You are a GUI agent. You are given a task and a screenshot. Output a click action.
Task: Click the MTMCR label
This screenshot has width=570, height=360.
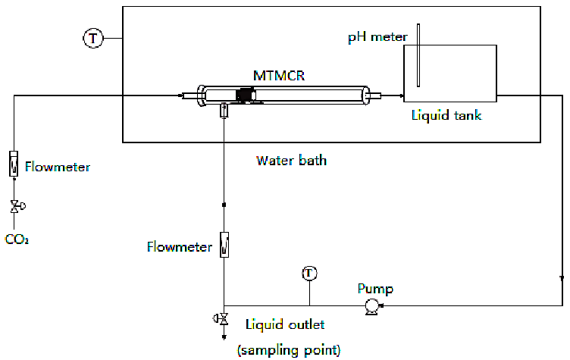278,76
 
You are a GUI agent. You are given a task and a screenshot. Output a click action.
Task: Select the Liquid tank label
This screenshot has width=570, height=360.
446,115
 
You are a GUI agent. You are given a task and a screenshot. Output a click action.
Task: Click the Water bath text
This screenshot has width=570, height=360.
291,160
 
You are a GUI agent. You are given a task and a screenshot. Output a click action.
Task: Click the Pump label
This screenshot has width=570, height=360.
375,289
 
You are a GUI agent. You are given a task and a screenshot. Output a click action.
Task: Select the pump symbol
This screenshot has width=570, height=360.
371,306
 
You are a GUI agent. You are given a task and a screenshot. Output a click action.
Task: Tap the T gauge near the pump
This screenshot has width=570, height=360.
308,273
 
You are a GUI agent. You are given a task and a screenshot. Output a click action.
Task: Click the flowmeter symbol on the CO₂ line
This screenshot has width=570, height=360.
14,164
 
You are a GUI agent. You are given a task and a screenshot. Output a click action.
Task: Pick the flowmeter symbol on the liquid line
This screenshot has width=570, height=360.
224,245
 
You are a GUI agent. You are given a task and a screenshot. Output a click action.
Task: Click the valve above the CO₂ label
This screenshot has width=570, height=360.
14,206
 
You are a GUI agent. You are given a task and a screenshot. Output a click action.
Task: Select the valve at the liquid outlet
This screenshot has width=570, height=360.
223,318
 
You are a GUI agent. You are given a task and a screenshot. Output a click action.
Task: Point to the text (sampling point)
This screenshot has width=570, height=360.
289,349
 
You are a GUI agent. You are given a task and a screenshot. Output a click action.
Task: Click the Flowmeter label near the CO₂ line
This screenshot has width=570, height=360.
57,167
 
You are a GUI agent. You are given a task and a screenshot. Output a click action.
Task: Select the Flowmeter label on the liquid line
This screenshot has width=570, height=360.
180,247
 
